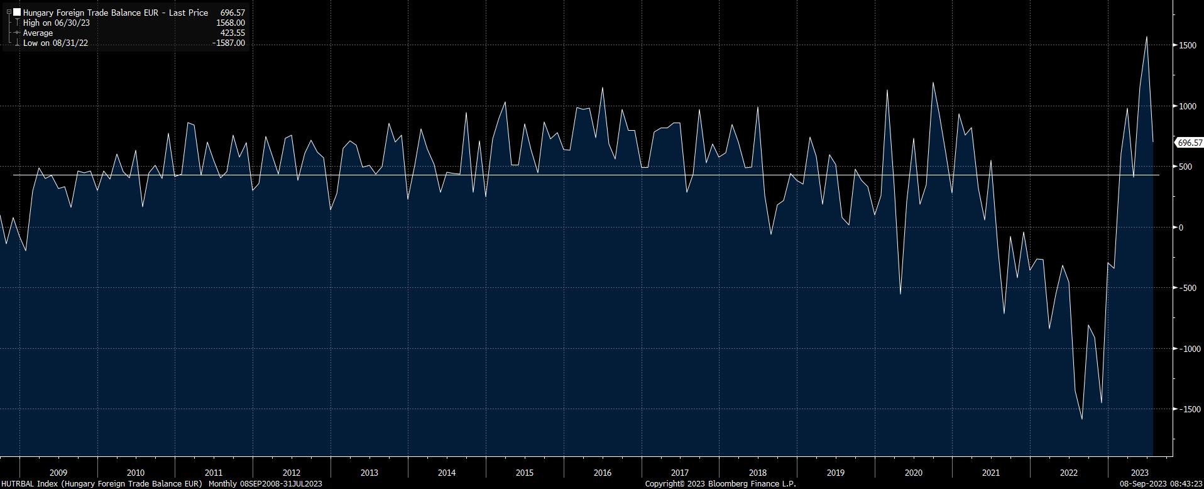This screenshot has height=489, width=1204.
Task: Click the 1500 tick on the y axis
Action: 1187,45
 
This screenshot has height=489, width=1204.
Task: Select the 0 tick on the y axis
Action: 1181,228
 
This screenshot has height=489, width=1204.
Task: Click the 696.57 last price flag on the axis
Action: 1190,143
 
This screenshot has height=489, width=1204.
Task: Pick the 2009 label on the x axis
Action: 58,473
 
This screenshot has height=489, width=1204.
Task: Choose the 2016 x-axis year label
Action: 602,473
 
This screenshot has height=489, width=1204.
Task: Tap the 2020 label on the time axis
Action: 913,473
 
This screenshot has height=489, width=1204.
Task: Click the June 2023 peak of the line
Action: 1147,37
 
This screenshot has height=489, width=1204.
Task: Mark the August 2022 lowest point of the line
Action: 1081,419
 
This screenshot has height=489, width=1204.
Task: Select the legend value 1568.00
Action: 230,23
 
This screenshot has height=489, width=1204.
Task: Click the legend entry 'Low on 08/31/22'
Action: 55,43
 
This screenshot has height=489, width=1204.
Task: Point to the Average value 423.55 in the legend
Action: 233,33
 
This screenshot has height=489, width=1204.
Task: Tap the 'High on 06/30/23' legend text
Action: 57,23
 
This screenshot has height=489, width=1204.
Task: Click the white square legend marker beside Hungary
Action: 17,13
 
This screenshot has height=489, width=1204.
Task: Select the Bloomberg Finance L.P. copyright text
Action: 720,484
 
